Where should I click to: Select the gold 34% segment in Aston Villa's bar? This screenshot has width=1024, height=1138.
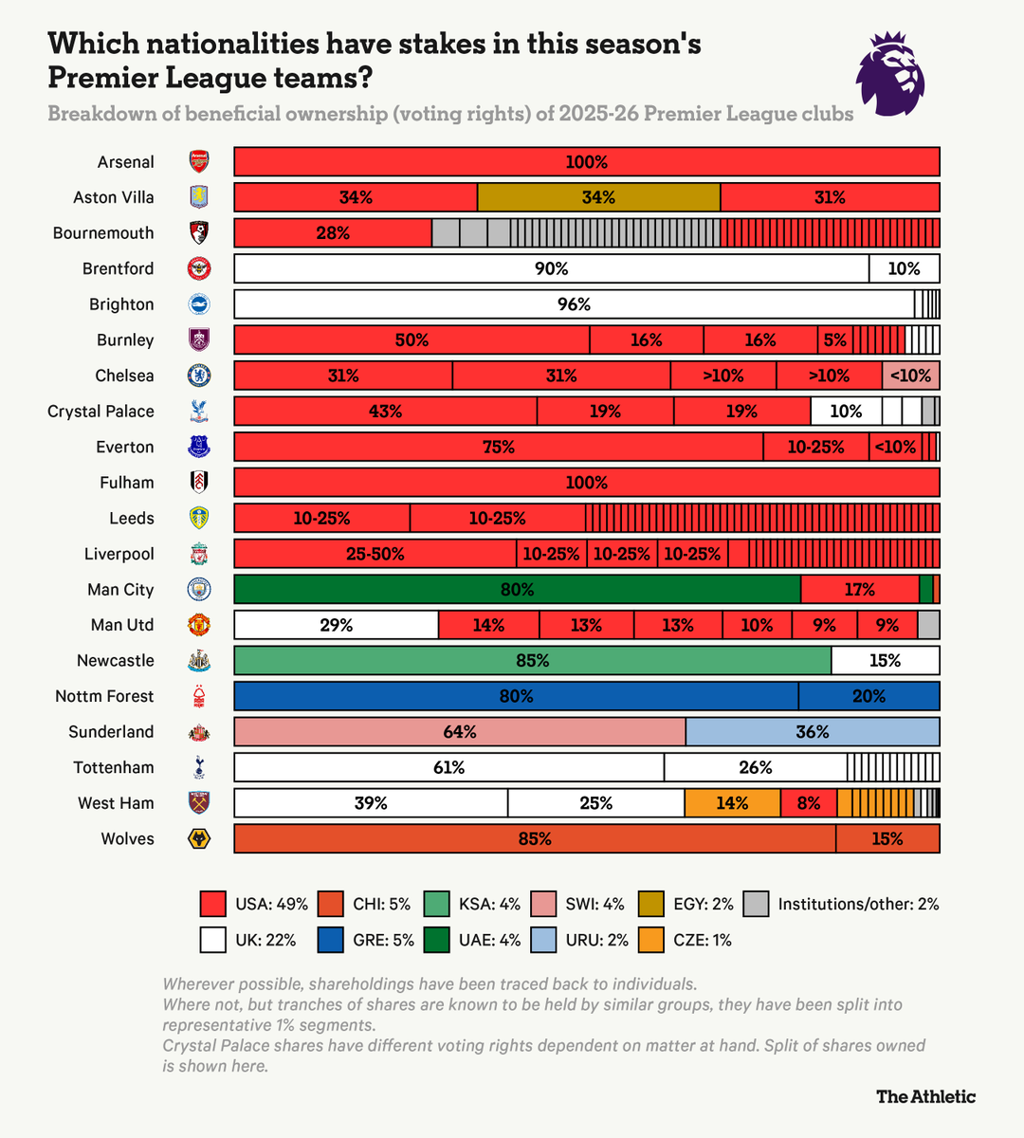coord(598,197)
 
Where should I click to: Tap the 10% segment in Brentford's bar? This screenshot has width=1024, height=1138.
coord(904,268)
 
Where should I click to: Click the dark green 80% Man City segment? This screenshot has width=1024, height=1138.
coord(517,589)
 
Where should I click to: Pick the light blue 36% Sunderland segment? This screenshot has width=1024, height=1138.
coord(813,731)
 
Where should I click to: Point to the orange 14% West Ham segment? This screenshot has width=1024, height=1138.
coord(732,803)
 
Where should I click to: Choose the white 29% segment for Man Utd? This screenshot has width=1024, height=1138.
coord(336,625)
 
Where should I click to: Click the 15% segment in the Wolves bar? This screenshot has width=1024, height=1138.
coord(887,838)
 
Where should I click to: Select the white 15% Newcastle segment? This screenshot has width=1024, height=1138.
coord(885,660)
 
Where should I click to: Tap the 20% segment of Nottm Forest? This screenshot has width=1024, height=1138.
coord(869,696)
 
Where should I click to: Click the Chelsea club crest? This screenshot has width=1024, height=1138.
coord(199,376)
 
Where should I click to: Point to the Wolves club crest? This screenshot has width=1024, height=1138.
coord(199,838)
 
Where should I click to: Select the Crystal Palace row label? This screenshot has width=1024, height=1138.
coord(101,412)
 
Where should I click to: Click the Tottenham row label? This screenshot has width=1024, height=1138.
coord(114,767)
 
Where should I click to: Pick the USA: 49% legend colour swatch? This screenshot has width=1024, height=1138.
coord(213,904)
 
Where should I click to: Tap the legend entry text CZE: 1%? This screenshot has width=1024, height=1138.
coord(703,940)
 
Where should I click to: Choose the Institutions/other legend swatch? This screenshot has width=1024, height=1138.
coord(756,904)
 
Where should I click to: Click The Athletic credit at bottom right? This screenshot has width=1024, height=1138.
coord(925,1096)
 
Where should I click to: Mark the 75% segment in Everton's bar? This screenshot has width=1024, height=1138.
coord(499,447)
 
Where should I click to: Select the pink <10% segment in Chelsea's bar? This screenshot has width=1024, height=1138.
coord(910,376)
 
